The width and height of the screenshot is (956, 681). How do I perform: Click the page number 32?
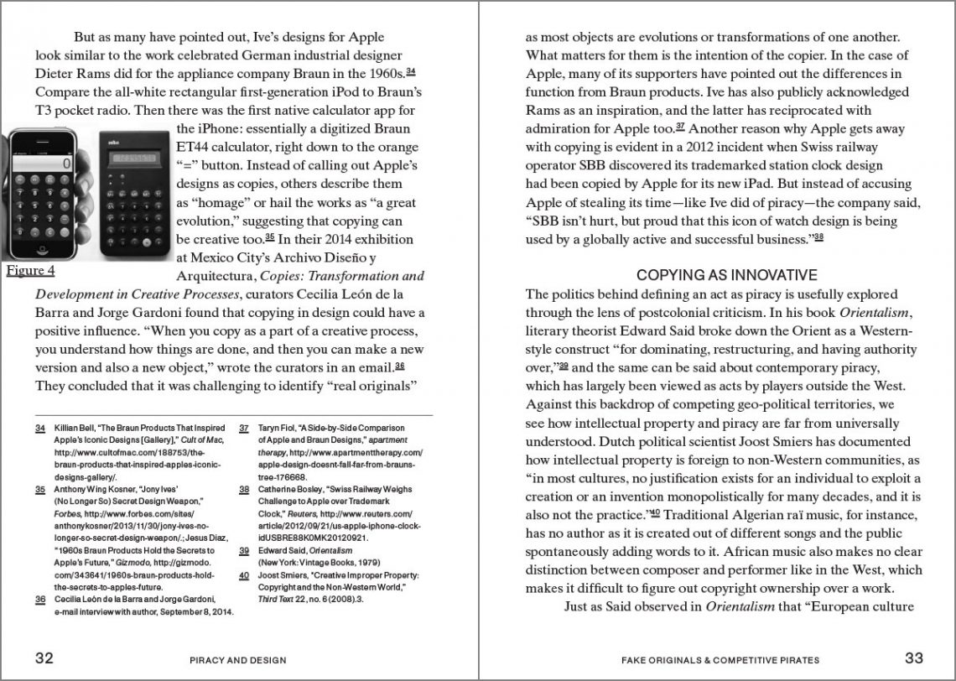[44, 658]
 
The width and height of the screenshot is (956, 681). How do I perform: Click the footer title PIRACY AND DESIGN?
[237, 660]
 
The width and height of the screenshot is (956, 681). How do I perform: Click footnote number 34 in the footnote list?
[39, 428]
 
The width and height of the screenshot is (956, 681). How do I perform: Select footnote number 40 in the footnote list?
[244, 575]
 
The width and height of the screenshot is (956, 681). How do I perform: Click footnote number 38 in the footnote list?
[244, 489]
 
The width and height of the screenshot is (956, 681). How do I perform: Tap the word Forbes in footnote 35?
[66, 514]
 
